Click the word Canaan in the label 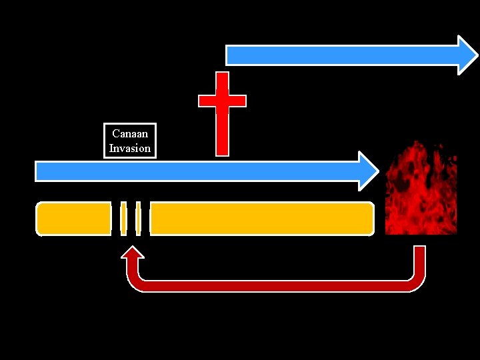130,134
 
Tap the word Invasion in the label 130,148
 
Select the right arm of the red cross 238,101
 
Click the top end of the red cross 223,76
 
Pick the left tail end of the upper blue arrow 231,55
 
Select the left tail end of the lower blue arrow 39,171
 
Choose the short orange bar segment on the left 73,219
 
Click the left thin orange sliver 123,219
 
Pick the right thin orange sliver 138,219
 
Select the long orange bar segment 261,219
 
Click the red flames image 421,189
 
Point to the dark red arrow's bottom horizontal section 277,286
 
